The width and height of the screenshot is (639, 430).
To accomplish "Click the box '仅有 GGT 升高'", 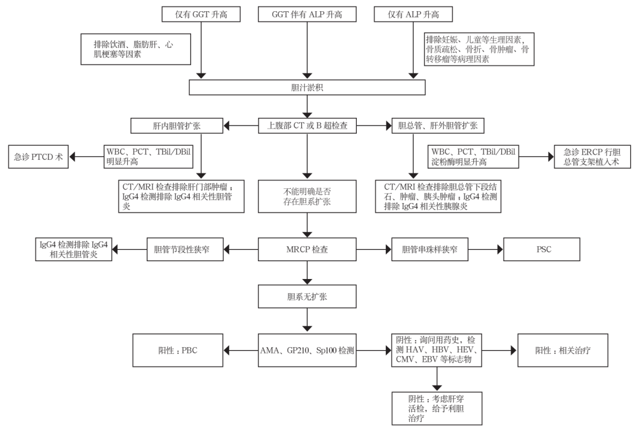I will (x=202, y=14).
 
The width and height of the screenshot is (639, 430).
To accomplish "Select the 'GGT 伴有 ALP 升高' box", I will (x=306, y=14).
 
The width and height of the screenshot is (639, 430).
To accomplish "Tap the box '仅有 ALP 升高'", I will (x=412, y=14).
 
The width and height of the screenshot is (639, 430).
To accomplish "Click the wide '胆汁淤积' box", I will (x=306, y=87).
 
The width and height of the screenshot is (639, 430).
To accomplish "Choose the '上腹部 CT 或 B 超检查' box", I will (x=306, y=126).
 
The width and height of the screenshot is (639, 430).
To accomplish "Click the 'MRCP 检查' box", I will (x=306, y=250).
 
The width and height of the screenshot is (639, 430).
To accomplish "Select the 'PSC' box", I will (x=541, y=250).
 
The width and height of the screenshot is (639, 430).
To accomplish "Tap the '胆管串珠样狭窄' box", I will (x=428, y=250).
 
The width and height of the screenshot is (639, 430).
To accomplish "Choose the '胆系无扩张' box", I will (x=306, y=295).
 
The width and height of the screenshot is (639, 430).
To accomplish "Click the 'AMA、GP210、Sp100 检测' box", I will (x=306, y=351).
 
